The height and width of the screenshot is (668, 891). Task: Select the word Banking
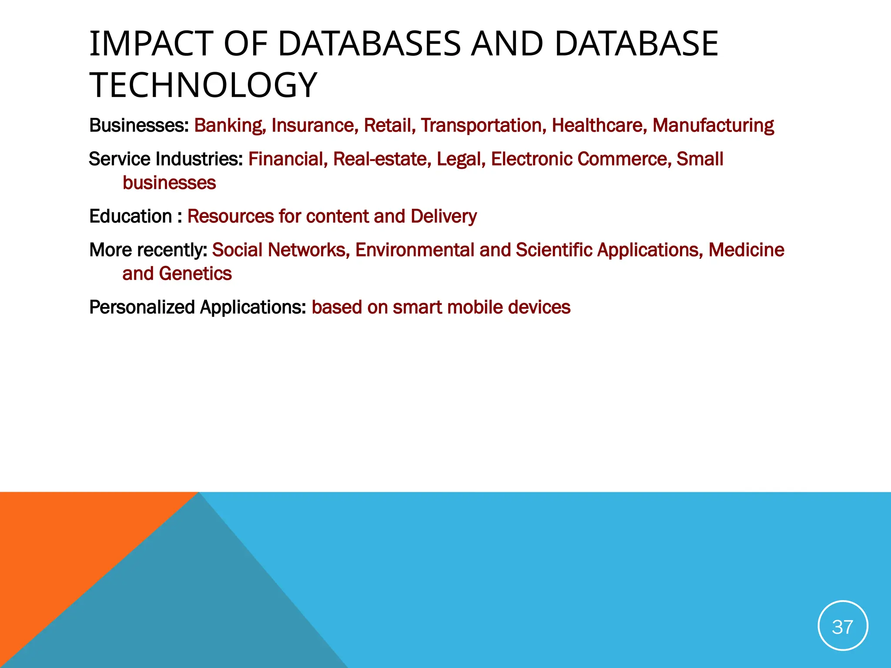pyautogui.click(x=229, y=126)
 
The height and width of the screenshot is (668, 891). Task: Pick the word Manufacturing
pyautogui.click(x=713, y=126)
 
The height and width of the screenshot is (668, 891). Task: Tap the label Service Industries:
pyautogui.click(x=166, y=159)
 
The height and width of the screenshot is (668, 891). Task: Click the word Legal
pyautogui.click(x=461, y=159)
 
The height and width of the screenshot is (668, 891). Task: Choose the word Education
pyautogui.click(x=131, y=217)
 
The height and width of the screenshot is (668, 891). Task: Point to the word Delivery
pyautogui.click(x=443, y=217)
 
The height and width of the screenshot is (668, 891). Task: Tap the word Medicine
pyautogui.click(x=746, y=250)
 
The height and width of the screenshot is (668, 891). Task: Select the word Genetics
pyautogui.click(x=195, y=274)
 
